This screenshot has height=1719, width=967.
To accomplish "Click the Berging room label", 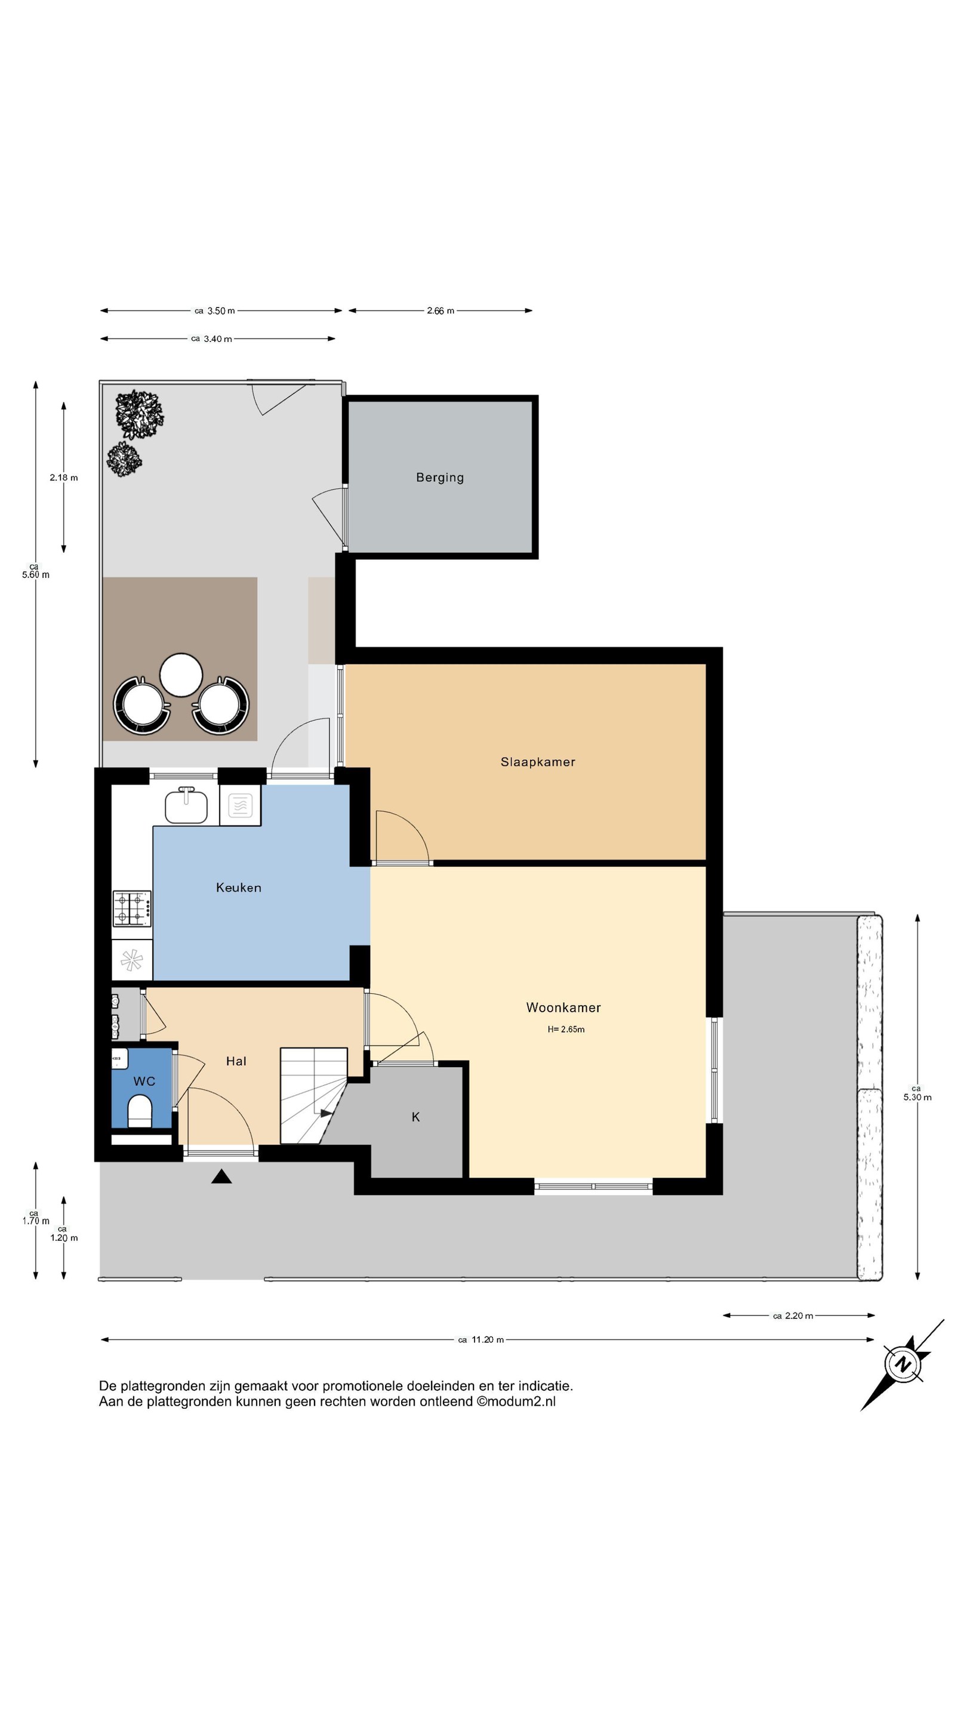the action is click(x=439, y=477).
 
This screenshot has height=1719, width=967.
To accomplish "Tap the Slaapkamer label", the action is click(x=537, y=762).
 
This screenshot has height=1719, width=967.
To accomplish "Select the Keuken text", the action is click(x=238, y=887).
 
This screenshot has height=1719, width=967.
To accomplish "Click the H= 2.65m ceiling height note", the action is click(x=565, y=1029).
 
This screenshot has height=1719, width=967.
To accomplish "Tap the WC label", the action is click(x=144, y=1081).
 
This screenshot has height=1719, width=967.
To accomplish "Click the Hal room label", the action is click(x=236, y=1061).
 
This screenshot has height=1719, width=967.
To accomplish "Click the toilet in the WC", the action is click(x=140, y=1113).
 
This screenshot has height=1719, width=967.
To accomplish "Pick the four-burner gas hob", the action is click(x=131, y=908).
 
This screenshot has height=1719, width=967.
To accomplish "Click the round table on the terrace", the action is click(x=181, y=674).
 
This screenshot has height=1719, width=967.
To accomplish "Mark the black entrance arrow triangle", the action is click(x=221, y=1176).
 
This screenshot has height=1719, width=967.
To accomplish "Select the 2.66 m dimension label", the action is click(x=441, y=310).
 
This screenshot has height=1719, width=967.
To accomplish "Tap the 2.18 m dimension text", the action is click(x=63, y=477).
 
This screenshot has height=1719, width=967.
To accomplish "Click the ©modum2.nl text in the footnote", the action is click(x=516, y=1401).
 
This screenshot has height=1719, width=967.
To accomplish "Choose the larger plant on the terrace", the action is click(x=139, y=414).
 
